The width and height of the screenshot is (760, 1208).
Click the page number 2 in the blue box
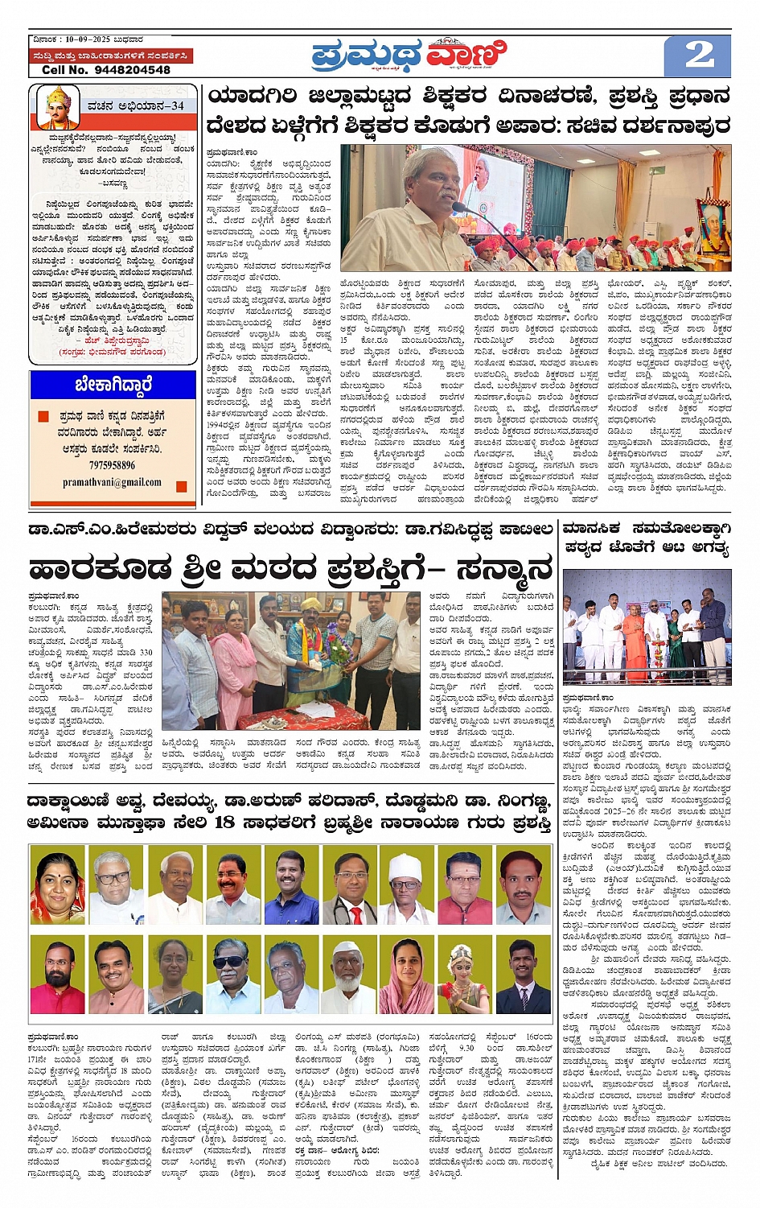click(698, 56)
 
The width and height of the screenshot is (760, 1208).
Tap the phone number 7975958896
click(112, 465)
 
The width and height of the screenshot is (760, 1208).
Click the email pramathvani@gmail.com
click(112, 483)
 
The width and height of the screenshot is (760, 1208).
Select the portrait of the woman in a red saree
click(57, 885)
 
